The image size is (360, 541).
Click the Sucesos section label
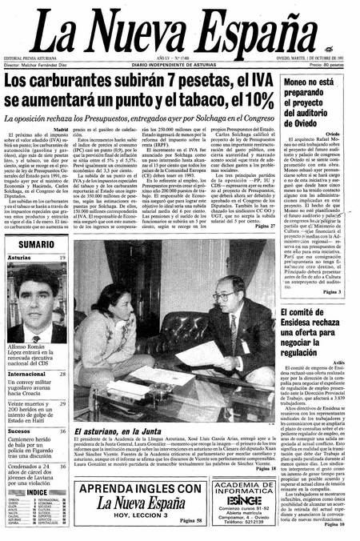(x=20, y=431)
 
